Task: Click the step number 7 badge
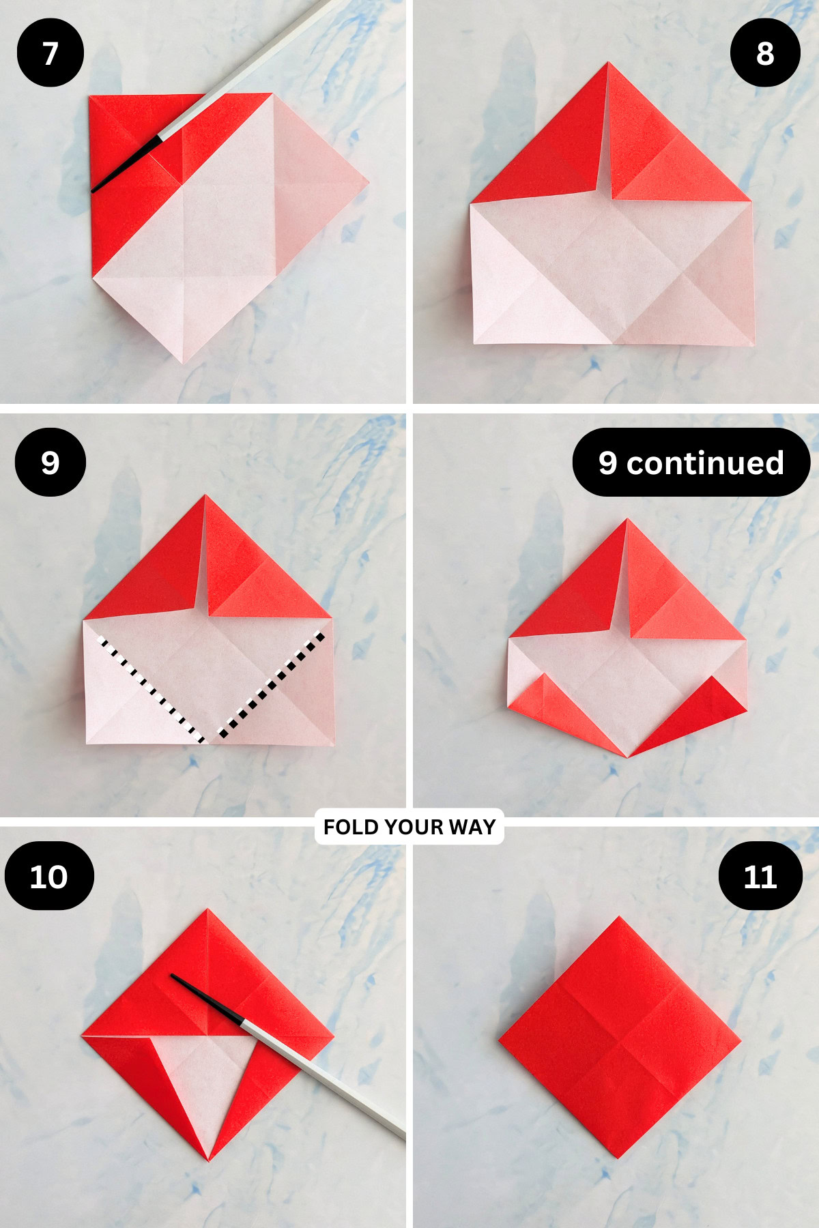(51, 53)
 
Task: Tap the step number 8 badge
(765, 53)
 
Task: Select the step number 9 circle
(51, 463)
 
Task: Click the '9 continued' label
(691, 463)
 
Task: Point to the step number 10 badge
(49, 876)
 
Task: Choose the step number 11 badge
(760, 876)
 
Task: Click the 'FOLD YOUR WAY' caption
(409, 827)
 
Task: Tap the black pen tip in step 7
(96, 189)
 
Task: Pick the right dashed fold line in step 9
(272, 686)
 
